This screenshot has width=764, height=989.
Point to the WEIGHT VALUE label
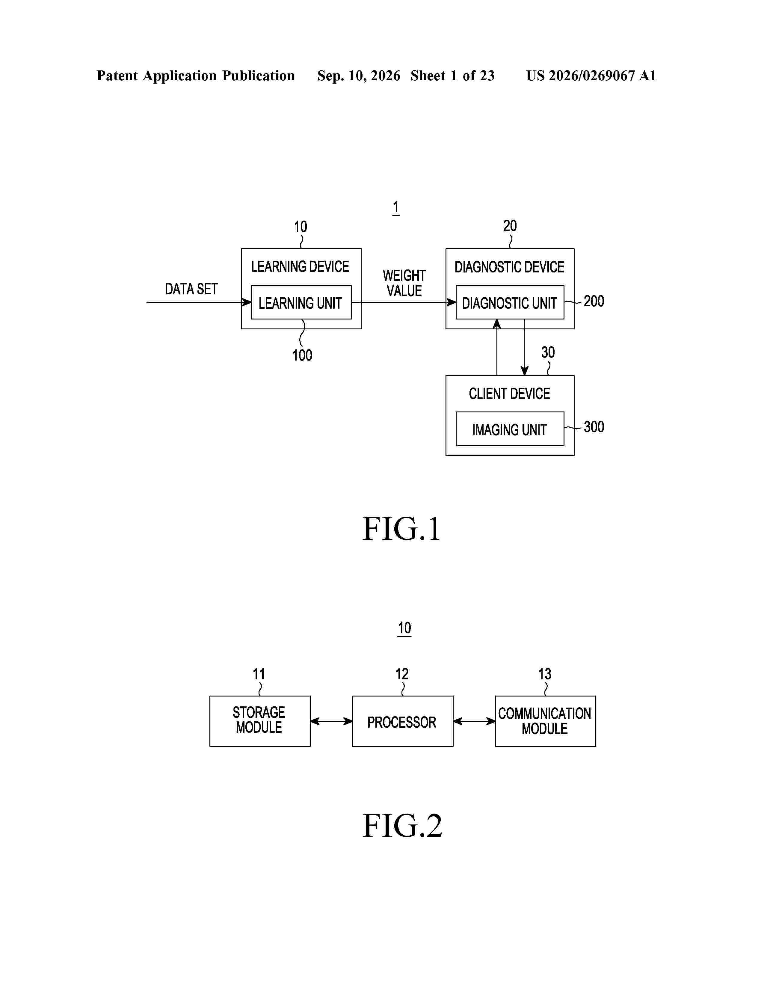click(x=404, y=283)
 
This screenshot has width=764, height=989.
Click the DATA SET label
click(x=191, y=289)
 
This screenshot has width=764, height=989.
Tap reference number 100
click(x=302, y=355)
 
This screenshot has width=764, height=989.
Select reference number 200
click(x=594, y=301)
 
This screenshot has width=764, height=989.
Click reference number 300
click(x=594, y=426)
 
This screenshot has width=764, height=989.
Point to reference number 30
click(x=548, y=352)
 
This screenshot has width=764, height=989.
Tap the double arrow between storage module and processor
click(x=331, y=721)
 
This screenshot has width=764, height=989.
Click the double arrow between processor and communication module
click(x=474, y=721)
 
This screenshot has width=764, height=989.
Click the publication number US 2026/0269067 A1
click(x=591, y=76)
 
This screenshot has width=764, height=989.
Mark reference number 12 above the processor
click(x=402, y=674)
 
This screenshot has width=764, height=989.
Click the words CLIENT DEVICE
click(x=510, y=394)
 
